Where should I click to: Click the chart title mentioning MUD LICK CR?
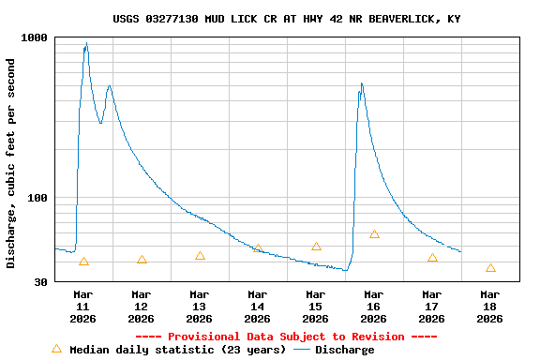coord(286,19)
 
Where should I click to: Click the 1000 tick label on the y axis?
coord(35,37)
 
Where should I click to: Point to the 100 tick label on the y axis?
coord(38,198)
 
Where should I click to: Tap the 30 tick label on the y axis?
coord(41,282)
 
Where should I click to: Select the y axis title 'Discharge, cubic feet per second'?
coord(11,163)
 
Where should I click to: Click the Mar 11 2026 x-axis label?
coord(83,307)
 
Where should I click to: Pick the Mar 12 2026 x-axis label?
coord(142,307)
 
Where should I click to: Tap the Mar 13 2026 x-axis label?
coord(200,307)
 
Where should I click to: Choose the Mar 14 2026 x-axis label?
coord(258,307)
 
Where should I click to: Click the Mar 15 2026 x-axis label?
coord(316,307)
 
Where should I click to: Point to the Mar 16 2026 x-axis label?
coord(374,307)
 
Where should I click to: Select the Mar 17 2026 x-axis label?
coord(432,307)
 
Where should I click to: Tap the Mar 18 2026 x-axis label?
coord(490,307)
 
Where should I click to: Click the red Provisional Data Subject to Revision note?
coord(286,337)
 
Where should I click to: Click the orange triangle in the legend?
coord(56,349)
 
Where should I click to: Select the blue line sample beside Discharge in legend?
coord(301,350)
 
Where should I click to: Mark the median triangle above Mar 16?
coord(374,234)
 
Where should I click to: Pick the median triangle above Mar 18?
coord(490,268)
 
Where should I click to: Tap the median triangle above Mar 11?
coord(83,262)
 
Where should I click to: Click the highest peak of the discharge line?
coord(86,44)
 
